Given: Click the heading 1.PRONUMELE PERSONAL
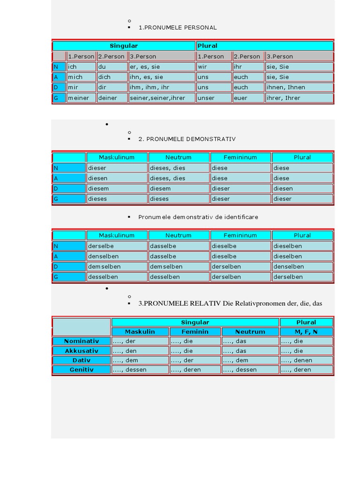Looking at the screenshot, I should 178,28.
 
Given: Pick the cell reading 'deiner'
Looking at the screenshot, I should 112,98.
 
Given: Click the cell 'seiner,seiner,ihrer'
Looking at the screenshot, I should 161,98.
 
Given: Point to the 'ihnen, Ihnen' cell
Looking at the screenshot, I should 299,87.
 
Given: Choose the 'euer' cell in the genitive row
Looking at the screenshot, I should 248,98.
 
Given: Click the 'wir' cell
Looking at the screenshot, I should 213,67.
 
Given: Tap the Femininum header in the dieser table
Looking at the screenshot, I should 240,157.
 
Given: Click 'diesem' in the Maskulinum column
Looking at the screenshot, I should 117,188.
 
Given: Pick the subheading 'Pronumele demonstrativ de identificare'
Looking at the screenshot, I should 198,217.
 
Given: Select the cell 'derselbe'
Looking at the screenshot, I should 117,246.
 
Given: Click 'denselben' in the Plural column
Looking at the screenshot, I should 302,266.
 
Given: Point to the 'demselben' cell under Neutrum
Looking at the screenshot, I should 179,266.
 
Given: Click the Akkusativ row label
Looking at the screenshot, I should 81,351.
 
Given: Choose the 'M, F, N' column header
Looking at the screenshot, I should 306,332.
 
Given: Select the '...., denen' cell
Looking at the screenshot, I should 306,360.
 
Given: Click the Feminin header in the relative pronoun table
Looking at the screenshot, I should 195,332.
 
